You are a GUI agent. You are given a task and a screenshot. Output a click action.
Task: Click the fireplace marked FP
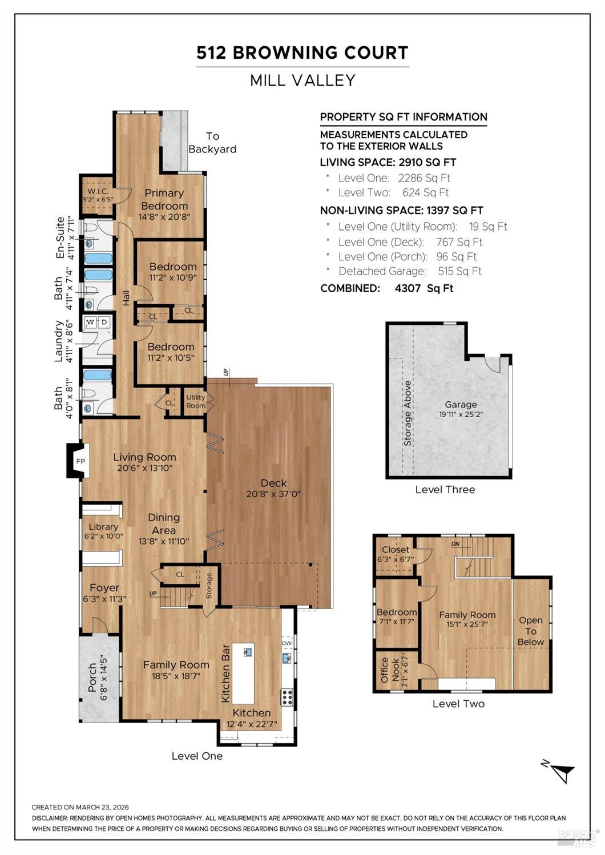(79, 461)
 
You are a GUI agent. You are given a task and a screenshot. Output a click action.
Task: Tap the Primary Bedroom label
(164, 199)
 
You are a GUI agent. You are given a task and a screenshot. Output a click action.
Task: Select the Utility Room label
(195, 401)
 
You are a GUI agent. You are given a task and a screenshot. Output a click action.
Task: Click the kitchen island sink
(248, 652)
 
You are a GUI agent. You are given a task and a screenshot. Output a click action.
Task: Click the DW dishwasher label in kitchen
(287, 643)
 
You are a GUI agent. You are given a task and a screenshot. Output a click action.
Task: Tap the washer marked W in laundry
(90, 322)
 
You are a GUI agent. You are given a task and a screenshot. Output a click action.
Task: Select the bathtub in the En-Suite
(98, 259)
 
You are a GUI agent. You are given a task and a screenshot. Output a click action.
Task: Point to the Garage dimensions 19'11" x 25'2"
(461, 414)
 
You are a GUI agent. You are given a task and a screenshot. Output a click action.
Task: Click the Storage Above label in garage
(408, 413)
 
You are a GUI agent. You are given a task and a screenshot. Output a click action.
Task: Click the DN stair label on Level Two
(455, 544)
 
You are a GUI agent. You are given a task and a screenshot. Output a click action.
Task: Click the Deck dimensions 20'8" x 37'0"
(273, 494)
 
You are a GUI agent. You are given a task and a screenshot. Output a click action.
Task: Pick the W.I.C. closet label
(98, 191)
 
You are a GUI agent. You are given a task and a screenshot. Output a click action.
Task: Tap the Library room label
(103, 527)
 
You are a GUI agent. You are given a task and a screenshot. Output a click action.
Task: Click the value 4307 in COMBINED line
(408, 288)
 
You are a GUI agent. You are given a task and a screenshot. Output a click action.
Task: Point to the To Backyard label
(212, 142)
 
